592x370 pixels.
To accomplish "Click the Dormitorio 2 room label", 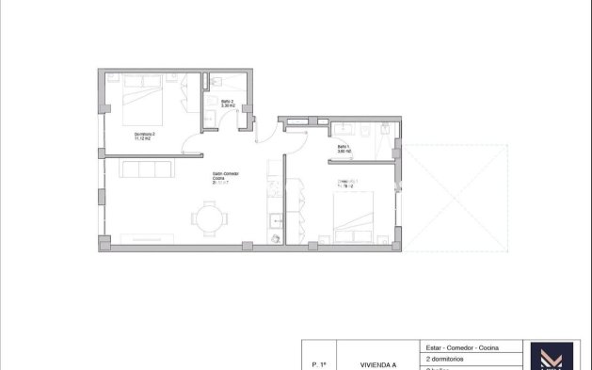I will [x=144, y=134].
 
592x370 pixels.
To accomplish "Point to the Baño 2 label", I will [x=227, y=101].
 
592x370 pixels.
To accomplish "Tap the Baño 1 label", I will [x=344, y=147].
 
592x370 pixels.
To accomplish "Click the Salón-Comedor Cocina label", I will [x=224, y=175].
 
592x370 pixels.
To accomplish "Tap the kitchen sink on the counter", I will [x=273, y=223].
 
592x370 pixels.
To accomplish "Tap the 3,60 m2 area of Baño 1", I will [x=344, y=152].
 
